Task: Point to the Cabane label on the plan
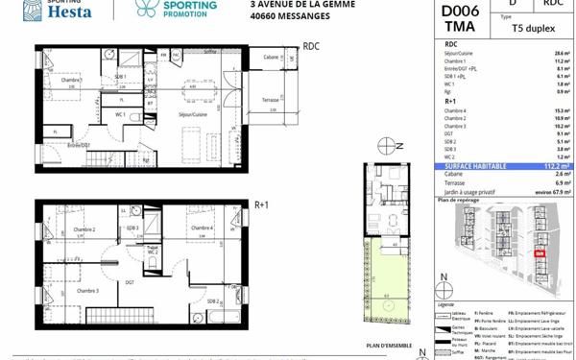[273, 58]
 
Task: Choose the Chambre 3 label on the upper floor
[88, 290]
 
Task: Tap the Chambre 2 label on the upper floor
[84, 229]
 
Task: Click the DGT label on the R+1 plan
[129, 281]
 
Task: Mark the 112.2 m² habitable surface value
[556, 164]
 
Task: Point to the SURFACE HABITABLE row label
[475, 164]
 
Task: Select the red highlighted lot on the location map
[539, 254]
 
